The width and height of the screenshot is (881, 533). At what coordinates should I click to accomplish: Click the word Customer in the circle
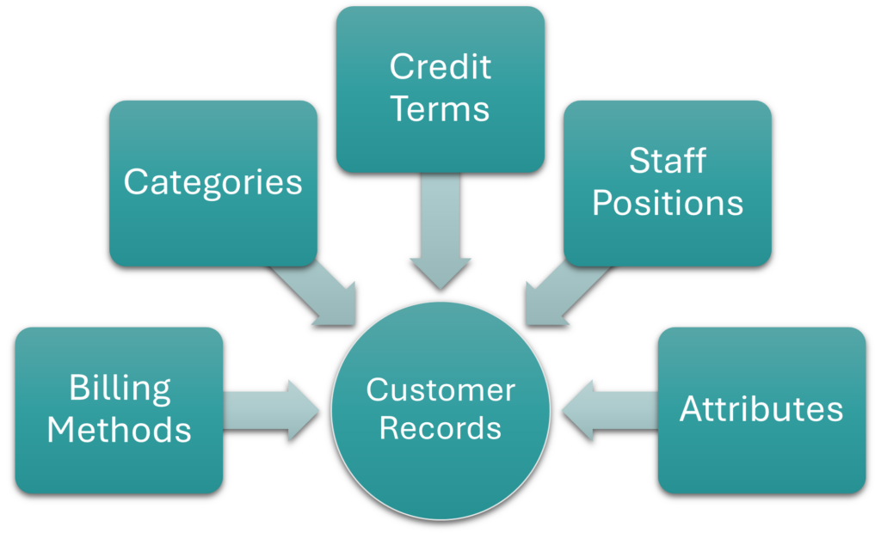click(440, 390)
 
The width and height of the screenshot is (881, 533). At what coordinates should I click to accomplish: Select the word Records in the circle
click(440, 427)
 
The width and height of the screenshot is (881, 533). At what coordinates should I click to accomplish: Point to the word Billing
click(120, 390)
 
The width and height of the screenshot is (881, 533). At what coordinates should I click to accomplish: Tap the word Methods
click(120, 428)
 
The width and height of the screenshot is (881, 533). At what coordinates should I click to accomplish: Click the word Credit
click(440, 67)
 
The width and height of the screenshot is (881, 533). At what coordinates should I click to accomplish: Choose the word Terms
click(440, 109)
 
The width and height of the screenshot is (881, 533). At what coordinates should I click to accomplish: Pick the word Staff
click(668, 161)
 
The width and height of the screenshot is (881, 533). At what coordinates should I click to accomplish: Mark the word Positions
click(668, 203)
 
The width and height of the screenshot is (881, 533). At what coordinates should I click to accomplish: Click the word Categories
click(213, 182)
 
